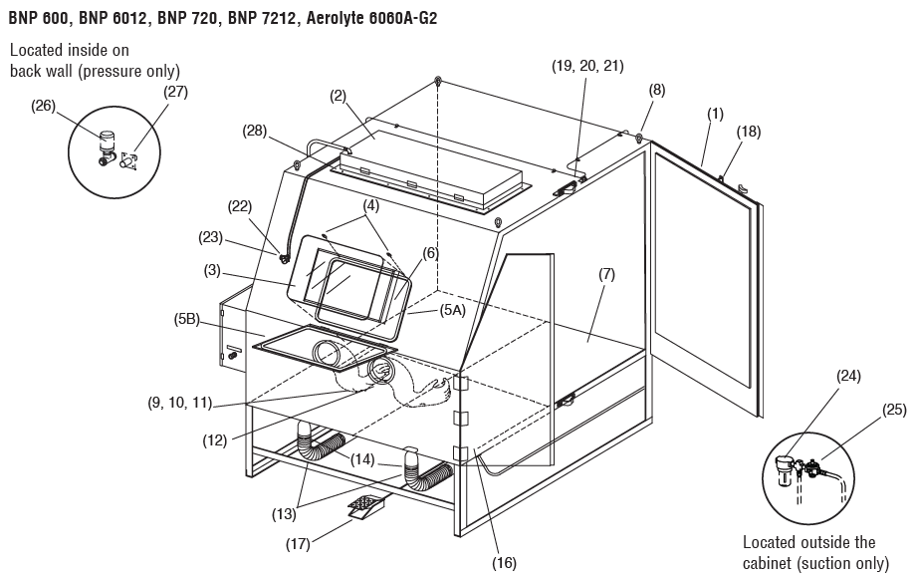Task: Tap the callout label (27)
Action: click(175, 92)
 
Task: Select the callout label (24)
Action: click(848, 376)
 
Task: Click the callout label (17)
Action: click(298, 543)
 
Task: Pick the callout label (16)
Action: click(504, 563)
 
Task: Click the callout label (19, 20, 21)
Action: click(587, 66)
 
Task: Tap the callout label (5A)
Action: click(453, 310)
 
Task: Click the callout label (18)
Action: click(749, 131)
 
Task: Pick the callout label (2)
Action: click(339, 96)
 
